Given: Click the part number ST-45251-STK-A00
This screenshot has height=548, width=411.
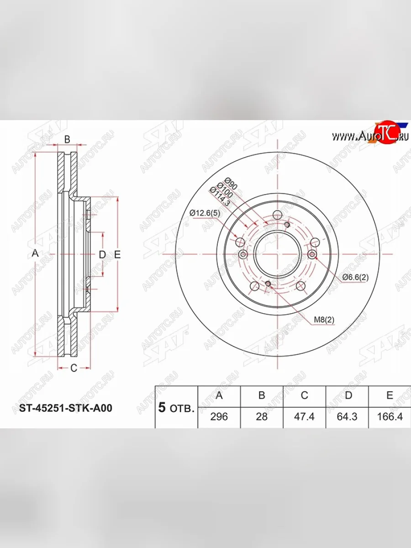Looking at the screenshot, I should click(x=65, y=408).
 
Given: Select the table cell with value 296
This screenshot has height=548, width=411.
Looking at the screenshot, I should click(x=219, y=416).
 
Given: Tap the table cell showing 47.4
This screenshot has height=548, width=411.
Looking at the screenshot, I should click(x=305, y=416).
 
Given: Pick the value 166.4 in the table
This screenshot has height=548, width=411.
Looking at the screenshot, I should click(x=389, y=416).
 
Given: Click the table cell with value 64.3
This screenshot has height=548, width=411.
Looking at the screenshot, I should click(x=348, y=416).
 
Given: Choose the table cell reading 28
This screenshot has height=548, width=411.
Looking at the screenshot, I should click(x=262, y=416).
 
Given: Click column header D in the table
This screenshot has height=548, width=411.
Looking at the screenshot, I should click(x=348, y=395).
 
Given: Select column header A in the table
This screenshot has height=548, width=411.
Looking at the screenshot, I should click(x=219, y=395).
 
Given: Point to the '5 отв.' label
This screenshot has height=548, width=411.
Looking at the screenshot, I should click(x=176, y=408).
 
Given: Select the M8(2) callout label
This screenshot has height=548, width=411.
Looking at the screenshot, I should click(x=324, y=320).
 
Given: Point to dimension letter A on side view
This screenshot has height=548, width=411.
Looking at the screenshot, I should click(x=35, y=254).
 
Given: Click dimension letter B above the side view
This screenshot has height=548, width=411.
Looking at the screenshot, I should click(x=67, y=140).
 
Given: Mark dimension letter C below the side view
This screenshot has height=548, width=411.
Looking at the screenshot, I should click(x=73, y=369).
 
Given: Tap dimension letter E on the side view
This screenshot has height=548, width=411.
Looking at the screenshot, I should click(x=117, y=255).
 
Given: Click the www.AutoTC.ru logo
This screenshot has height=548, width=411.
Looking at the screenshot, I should click(x=370, y=135).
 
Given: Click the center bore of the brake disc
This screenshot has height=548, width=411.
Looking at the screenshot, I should click(x=277, y=254).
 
